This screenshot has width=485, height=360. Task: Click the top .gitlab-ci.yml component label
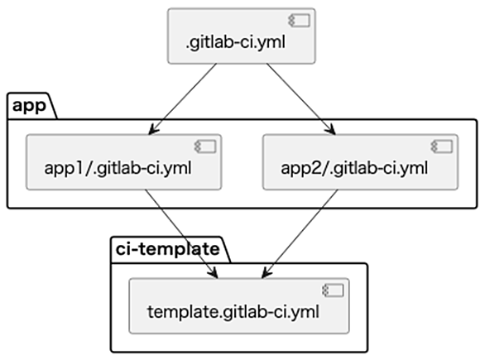pyautogui.click(x=236, y=42)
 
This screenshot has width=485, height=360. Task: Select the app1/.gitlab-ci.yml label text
pyautogui.click(x=118, y=168)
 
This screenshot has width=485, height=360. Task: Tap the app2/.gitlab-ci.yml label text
pyautogui.click(x=354, y=168)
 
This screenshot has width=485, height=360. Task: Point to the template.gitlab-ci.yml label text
pyautogui.click(x=233, y=312)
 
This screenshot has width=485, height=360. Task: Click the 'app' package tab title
pyautogui.click(x=29, y=106)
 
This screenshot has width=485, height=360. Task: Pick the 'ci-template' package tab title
pyautogui.click(x=168, y=248)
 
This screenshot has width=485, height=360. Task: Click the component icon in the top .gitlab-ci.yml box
pyautogui.click(x=299, y=21)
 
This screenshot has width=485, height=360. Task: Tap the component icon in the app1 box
pyautogui.click(x=205, y=146)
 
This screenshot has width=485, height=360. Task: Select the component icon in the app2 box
pyautogui.click(x=442, y=146)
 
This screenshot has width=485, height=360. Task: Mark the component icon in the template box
pyautogui.click(x=333, y=290)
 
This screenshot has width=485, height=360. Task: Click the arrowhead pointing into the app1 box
pyautogui.click(x=153, y=129)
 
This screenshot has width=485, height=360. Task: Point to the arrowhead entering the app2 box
pyautogui.click(x=330, y=129)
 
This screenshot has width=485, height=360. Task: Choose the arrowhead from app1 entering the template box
pyautogui.click(x=213, y=273)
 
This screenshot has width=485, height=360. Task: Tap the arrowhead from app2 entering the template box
pyautogui.click(x=267, y=273)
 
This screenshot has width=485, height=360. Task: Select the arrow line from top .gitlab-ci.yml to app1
pyautogui.click(x=182, y=99)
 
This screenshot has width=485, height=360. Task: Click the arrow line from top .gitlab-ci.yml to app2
pyautogui.click(x=301, y=99)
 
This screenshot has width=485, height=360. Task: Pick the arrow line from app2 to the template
pyautogui.click(x=300, y=234)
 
